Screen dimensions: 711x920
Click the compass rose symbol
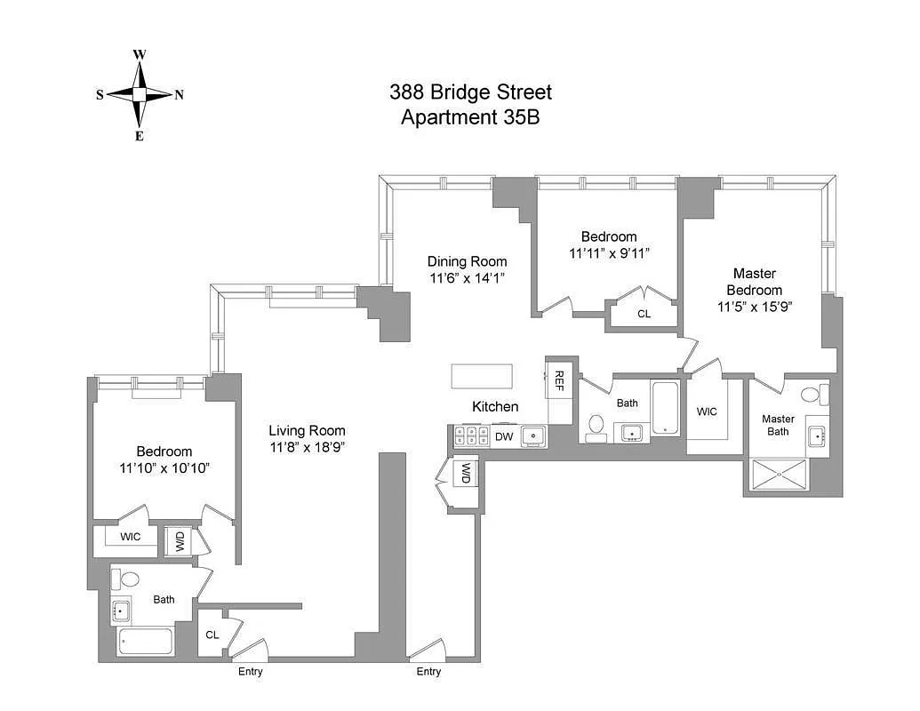140,94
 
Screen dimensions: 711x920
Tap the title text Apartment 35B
470,116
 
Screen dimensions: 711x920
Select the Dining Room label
467,261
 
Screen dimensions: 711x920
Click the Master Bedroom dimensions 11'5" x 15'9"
755,307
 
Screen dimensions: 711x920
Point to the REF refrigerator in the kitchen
559,380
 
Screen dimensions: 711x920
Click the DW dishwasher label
504,436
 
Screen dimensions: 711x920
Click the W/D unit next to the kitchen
465,474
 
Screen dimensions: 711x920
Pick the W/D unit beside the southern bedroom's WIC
179,540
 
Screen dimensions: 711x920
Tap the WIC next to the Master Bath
707,411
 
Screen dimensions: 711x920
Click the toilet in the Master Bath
811,395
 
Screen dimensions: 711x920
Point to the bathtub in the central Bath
665,409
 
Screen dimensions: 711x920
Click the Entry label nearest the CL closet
250,672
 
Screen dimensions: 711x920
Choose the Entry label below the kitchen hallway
428,672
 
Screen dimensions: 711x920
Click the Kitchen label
494,406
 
